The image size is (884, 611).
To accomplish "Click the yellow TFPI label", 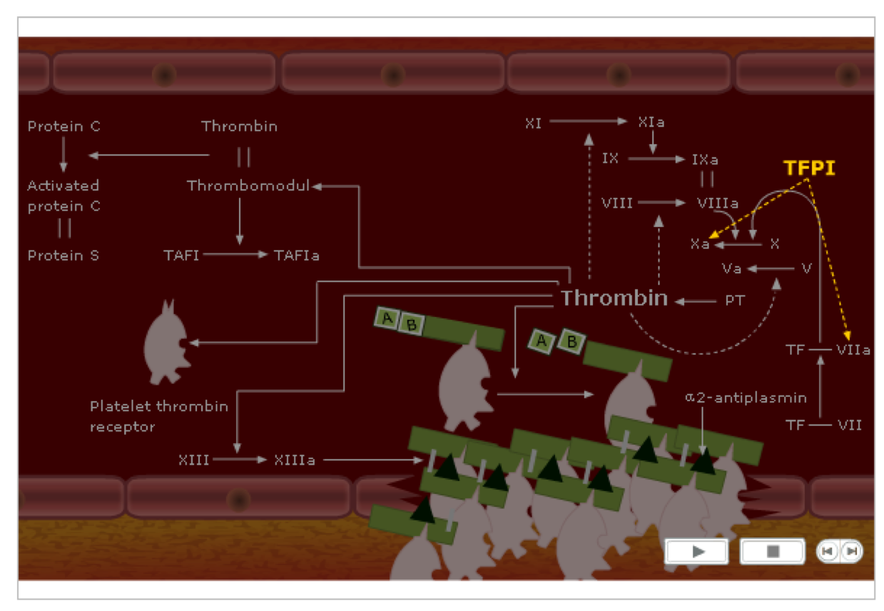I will pyautogui.click(x=809, y=168).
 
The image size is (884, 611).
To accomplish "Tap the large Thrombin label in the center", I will pyautogui.click(x=614, y=298).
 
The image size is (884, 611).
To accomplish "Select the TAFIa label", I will pyautogui.click(x=296, y=255).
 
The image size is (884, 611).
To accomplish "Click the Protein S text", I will pyautogui.click(x=63, y=255).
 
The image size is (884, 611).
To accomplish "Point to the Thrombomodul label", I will pyautogui.click(x=248, y=186).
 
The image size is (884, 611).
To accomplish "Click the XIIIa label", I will pyautogui.click(x=295, y=460).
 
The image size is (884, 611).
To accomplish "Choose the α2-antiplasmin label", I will pyautogui.click(x=746, y=398).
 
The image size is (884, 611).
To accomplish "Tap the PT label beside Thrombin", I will pyautogui.click(x=735, y=301).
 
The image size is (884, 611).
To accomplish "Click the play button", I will pyautogui.click(x=697, y=551).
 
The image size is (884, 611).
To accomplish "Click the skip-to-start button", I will pyautogui.click(x=828, y=551).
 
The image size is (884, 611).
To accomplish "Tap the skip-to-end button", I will pyautogui.click(x=850, y=551).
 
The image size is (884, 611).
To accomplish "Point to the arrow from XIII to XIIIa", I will pyautogui.click(x=240, y=460).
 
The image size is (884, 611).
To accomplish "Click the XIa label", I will pyautogui.click(x=651, y=123).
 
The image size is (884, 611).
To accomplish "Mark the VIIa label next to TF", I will pyautogui.click(x=853, y=350).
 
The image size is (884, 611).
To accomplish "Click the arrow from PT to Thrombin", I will pyautogui.click(x=695, y=301).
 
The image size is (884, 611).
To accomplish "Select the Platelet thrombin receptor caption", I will pyautogui.click(x=159, y=416).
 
